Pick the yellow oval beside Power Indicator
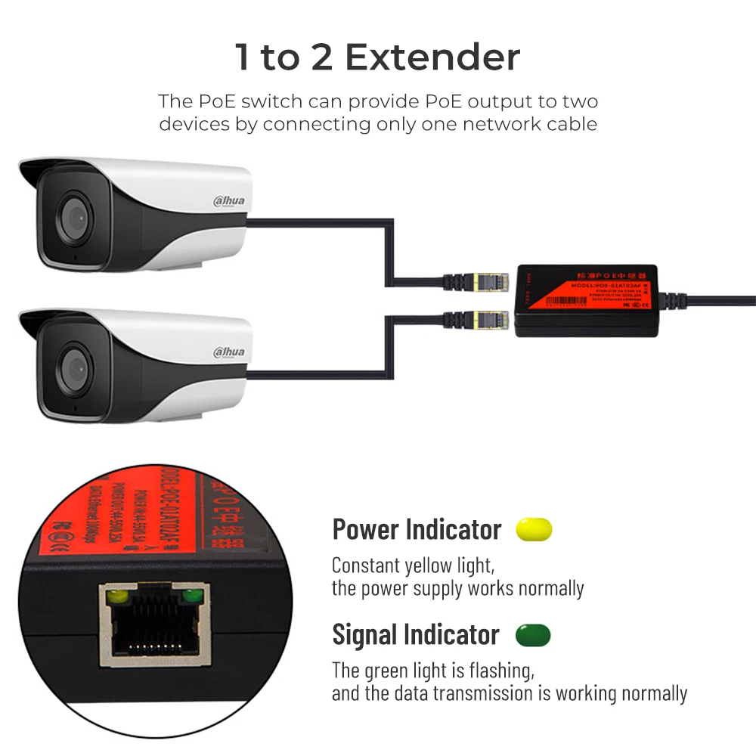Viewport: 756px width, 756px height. pos(534,529)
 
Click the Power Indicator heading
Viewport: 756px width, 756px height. pos(417,529)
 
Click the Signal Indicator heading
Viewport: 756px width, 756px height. pos(416,635)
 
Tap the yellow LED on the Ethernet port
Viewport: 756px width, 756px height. pos(116,598)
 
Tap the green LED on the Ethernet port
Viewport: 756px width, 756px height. pos(194,598)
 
